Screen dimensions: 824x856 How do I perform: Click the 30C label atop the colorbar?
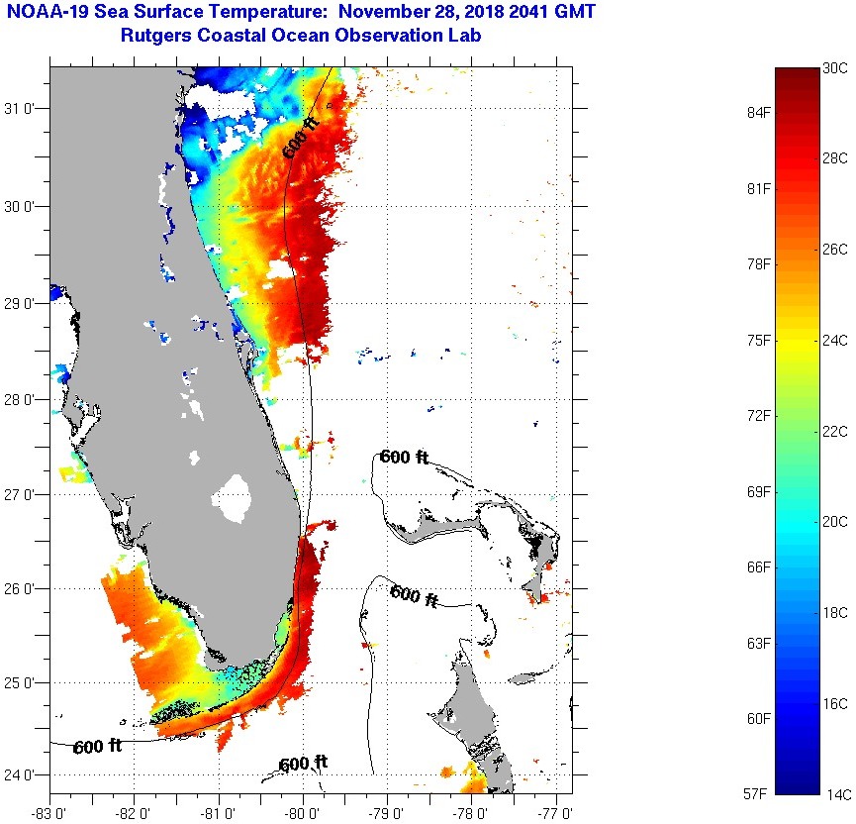[x=835, y=68]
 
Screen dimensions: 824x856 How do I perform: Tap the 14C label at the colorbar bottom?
[x=836, y=793]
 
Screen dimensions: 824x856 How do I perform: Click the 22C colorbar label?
[x=835, y=431]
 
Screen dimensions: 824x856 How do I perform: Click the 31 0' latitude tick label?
[x=24, y=110]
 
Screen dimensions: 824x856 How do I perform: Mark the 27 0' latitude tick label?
[x=24, y=495]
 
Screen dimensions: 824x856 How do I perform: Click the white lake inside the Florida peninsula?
[x=234, y=497]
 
